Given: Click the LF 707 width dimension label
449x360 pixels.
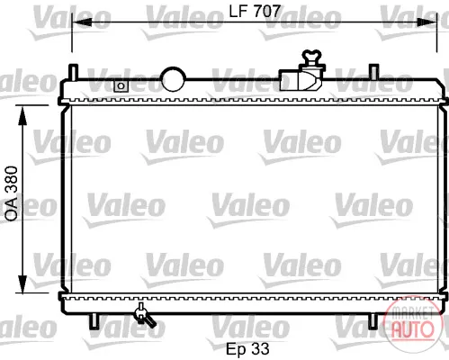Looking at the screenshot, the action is [x=255, y=11].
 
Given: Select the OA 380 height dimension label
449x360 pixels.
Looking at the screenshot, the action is [x=12, y=193].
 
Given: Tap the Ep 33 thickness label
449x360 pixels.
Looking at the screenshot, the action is [x=247, y=348].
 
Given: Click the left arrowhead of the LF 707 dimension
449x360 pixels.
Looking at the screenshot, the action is [x=82, y=22].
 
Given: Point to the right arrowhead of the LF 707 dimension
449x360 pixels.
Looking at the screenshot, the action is [x=427, y=22].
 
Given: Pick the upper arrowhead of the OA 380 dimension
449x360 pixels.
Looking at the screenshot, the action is [x=22, y=115].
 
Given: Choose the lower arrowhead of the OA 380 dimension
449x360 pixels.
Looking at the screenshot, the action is [x=22, y=283].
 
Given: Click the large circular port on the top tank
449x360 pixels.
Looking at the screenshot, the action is [x=174, y=79].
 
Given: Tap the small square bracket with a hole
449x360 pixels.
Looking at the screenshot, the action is [x=121, y=86].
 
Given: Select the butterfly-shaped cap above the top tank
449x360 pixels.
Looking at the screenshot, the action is [x=311, y=56].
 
